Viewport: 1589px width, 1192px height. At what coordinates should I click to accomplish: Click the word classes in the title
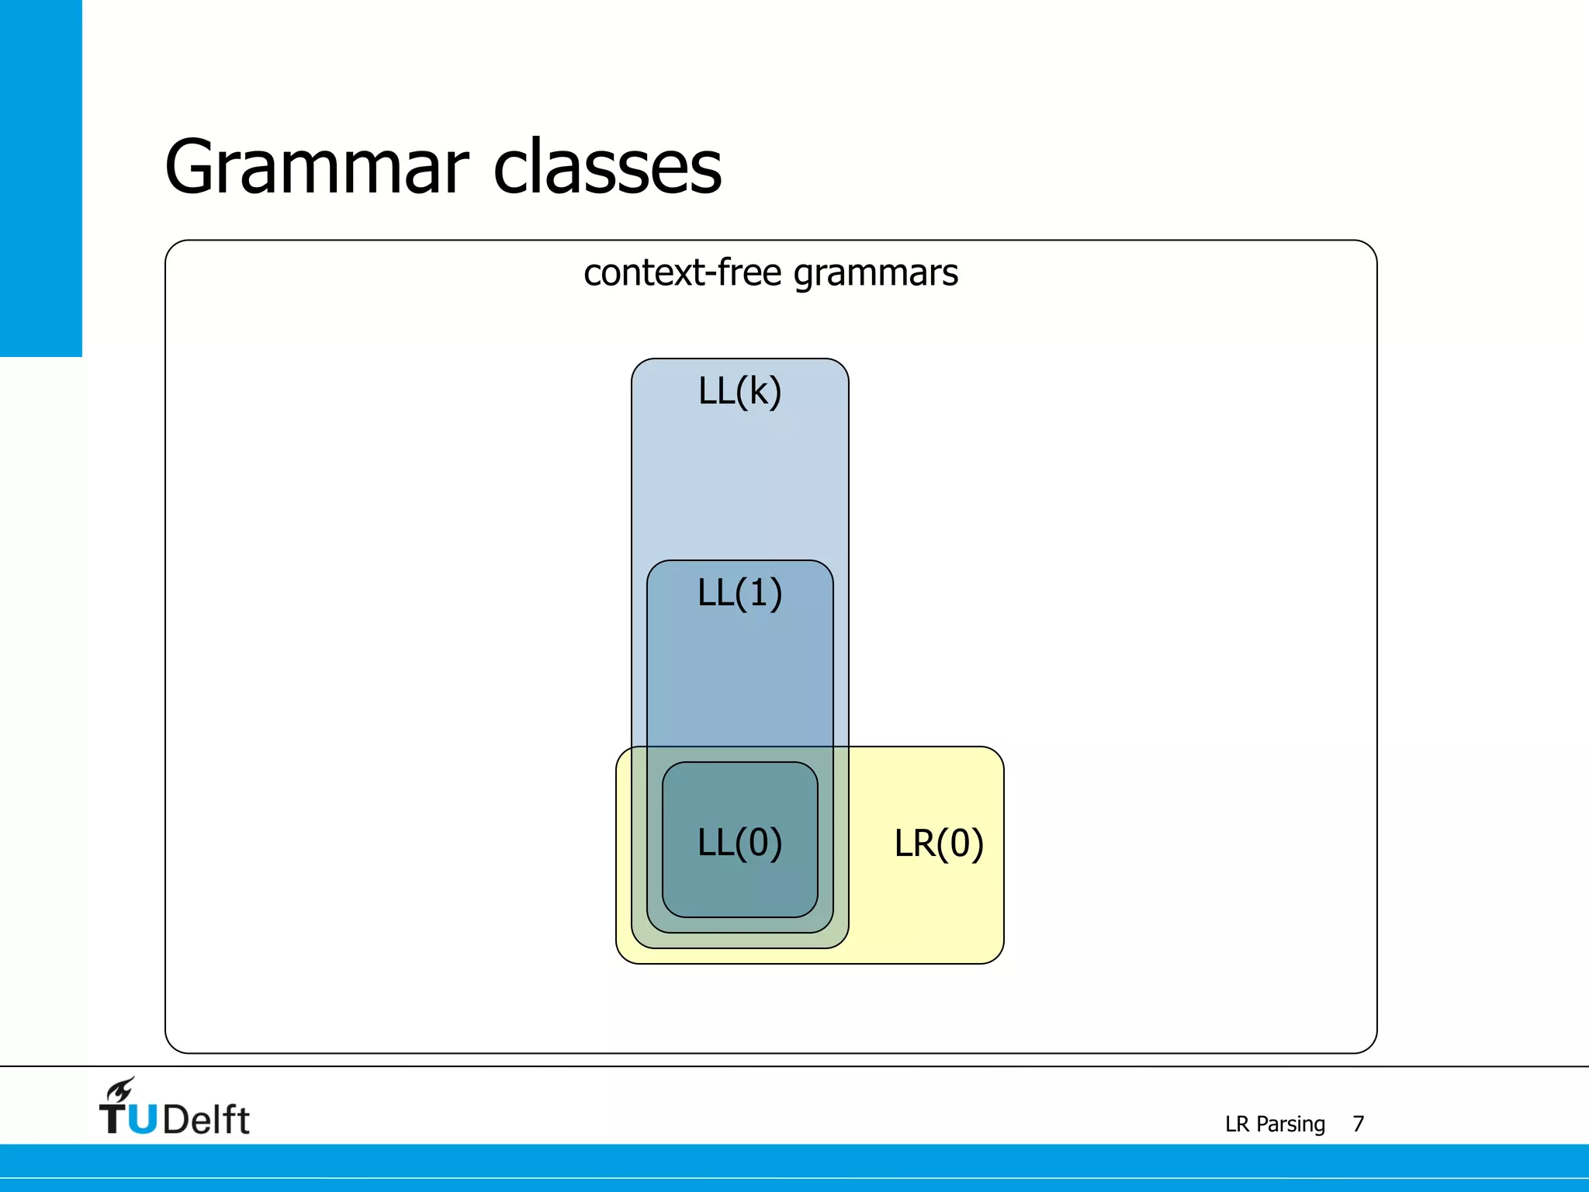608,167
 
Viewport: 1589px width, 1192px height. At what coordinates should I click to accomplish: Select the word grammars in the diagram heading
876,274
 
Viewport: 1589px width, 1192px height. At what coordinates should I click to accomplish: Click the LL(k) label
739,391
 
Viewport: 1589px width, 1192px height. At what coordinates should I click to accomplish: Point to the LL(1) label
739,593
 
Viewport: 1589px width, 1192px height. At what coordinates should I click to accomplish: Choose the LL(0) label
739,843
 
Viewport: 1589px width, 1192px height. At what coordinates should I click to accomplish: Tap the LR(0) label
939,844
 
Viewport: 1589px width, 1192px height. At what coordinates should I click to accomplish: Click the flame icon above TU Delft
121,1090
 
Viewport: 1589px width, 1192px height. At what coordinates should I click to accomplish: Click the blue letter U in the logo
143,1120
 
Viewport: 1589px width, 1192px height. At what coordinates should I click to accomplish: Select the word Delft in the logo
206,1120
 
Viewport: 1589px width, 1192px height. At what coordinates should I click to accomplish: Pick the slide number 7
1358,1124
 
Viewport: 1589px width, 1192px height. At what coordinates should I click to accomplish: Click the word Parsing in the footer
1290,1124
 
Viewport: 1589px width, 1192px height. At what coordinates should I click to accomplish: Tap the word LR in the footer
1237,1124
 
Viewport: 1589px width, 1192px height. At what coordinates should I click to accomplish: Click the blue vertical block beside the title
40,178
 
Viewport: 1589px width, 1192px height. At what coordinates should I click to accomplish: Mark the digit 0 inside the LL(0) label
759,843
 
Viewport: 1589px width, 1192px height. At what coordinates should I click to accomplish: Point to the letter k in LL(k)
759,391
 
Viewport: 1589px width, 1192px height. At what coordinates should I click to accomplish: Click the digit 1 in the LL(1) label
758,593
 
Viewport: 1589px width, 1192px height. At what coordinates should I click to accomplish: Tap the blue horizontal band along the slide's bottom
794,1167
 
